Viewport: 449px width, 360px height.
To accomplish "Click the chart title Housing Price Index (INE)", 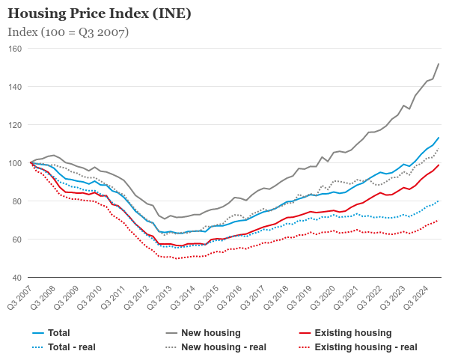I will tap(99, 13).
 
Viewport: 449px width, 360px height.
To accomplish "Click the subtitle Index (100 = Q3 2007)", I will tap(68, 32).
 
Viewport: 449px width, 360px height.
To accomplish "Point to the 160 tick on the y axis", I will tap(15, 49).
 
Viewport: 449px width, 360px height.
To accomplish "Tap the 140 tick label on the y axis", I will tap(15, 87).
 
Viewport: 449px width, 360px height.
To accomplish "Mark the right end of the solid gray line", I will tap(439, 64).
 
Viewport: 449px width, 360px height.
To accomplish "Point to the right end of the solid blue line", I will tap(439, 138).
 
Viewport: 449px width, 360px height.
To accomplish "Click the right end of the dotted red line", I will tap(439, 220).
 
